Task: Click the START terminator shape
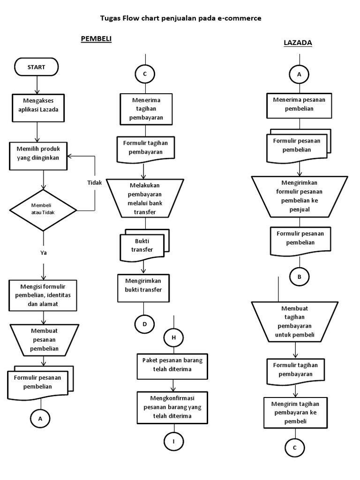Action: [x=37, y=67]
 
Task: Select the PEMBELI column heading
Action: [x=96, y=39]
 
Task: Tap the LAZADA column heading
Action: [x=298, y=43]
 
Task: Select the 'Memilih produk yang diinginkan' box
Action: [x=38, y=153]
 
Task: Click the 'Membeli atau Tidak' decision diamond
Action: [x=44, y=210]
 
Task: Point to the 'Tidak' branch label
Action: [x=94, y=183]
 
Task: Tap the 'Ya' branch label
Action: [x=44, y=253]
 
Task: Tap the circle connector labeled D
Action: [x=145, y=324]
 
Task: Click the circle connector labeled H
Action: [x=173, y=337]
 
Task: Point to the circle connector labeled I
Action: [x=173, y=441]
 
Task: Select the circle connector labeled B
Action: [x=299, y=277]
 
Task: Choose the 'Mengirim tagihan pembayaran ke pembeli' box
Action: [x=295, y=412]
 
